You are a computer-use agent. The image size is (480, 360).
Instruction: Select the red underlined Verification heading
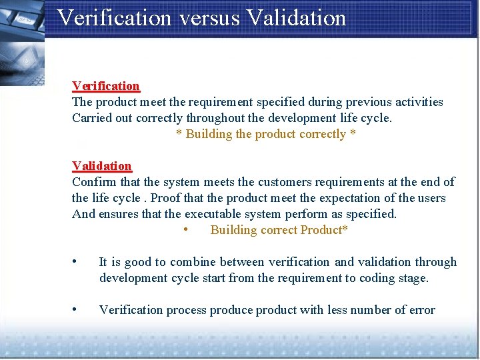point(106,86)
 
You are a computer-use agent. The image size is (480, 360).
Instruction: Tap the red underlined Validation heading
point(102,166)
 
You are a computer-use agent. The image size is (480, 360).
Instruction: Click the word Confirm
point(93,182)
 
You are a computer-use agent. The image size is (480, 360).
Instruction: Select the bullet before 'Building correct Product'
point(184,229)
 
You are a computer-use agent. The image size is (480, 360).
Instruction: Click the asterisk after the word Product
point(346,229)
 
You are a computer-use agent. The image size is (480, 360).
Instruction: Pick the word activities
point(419,102)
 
